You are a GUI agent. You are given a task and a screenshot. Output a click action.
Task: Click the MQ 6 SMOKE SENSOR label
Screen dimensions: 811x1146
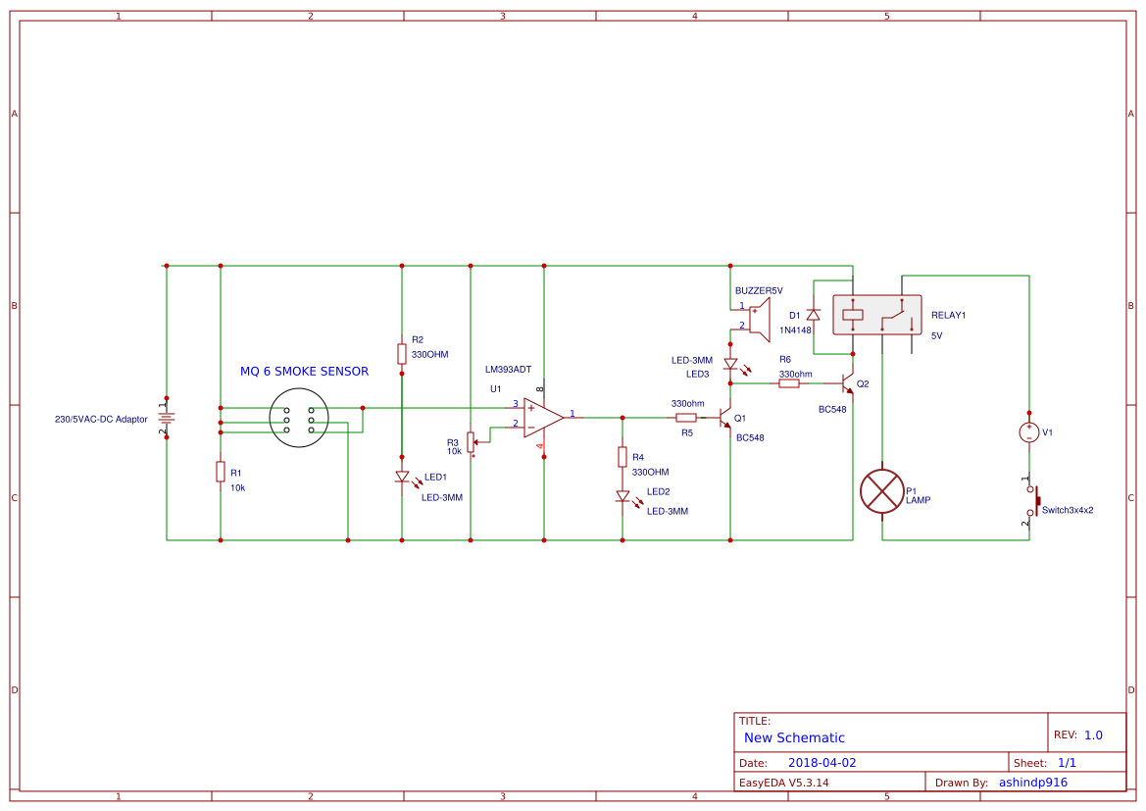(x=304, y=372)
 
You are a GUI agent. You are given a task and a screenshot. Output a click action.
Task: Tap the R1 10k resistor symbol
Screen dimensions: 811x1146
(x=221, y=472)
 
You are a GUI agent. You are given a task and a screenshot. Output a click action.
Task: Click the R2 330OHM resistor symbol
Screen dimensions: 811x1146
(x=402, y=354)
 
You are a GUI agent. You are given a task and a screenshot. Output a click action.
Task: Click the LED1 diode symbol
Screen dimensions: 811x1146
(x=402, y=478)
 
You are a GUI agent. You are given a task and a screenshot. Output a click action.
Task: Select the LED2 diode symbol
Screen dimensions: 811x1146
(x=623, y=496)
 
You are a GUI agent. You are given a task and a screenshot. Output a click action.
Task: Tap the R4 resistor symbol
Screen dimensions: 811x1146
(x=623, y=457)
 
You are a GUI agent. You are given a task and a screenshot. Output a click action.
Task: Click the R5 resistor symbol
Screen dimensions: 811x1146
(x=686, y=417)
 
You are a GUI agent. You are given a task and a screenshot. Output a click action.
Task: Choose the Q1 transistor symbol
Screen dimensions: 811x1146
(x=725, y=418)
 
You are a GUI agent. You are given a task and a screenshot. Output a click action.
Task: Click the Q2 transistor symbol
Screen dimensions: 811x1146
(x=847, y=383)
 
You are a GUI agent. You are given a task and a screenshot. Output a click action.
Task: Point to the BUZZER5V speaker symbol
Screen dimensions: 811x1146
(x=758, y=317)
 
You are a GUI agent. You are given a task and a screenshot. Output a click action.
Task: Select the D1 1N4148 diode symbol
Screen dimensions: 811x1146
(x=813, y=315)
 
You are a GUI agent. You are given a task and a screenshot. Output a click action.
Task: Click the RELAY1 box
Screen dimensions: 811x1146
(x=876, y=315)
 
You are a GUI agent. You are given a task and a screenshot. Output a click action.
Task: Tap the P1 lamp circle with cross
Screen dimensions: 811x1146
(x=881, y=491)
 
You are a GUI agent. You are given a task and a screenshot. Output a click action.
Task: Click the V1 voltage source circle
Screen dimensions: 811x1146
(x=1029, y=432)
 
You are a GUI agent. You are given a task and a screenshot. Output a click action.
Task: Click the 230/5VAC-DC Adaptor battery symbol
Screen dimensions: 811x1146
(x=167, y=417)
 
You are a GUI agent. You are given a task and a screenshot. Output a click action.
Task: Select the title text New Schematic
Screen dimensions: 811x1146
(x=794, y=737)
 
